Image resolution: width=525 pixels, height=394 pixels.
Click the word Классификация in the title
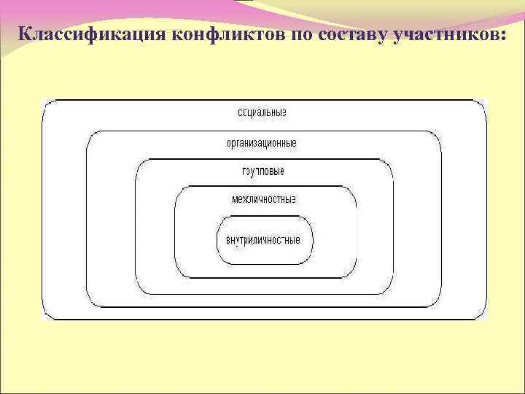pyautogui.click(x=93, y=34)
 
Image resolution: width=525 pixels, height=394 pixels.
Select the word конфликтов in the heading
pyautogui.click(x=230, y=34)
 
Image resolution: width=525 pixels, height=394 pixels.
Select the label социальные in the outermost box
pyautogui.click(x=262, y=113)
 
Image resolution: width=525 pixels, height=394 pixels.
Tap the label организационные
pyautogui.click(x=261, y=143)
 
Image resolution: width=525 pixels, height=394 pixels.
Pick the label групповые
pyautogui.click(x=262, y=171)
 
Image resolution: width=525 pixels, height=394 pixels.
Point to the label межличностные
pyautogui.click(x=263, y=198)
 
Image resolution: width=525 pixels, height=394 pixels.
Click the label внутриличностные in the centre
pyautogui.click(x=263, y=240)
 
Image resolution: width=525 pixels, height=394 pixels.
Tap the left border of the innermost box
pyautogui.click(x=217, y=240)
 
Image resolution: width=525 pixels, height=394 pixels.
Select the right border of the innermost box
pyautogui.click(x=313, y=240)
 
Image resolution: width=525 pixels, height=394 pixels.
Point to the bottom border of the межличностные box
pyautogui.click(x=265, y=277)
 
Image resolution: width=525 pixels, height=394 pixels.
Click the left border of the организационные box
pyautogui.click(x=87, y=219)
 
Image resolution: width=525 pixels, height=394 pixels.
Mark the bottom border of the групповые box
pyautogui.click(x=265, y=293)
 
